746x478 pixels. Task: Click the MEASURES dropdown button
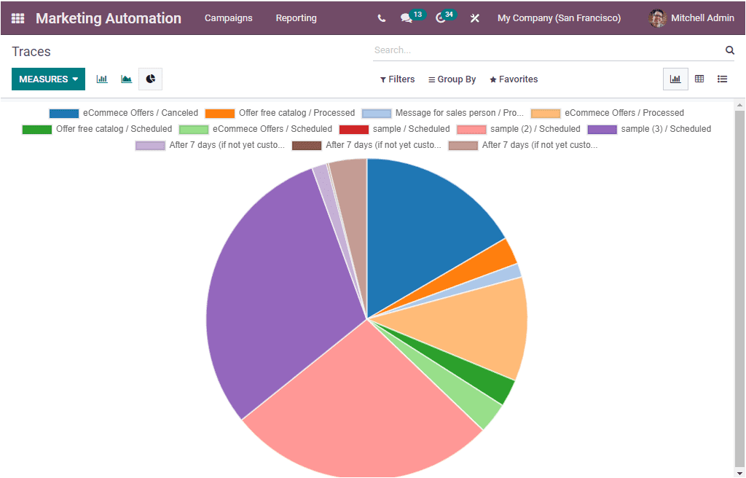click(48, 79)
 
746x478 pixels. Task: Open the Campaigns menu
click(228, 18)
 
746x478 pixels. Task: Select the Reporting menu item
click(296, 18)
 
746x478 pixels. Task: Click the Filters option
click(397, 79)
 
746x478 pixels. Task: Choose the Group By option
click(452, 79)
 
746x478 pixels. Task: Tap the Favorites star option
click(514, 79)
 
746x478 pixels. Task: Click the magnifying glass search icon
click(729, 50)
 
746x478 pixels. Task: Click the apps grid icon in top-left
click(17, 18)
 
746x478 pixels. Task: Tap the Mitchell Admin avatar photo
click(658, 18)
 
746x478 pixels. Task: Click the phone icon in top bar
click(382, 18)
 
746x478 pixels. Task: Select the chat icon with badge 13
click(407, 18)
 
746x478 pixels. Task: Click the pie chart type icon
click(150, 79)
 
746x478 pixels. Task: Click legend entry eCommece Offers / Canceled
click(124, 113)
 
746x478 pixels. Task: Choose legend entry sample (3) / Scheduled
click(649, 129)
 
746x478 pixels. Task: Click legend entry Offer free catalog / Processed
click(280, 113)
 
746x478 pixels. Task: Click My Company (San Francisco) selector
click(559, 18)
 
